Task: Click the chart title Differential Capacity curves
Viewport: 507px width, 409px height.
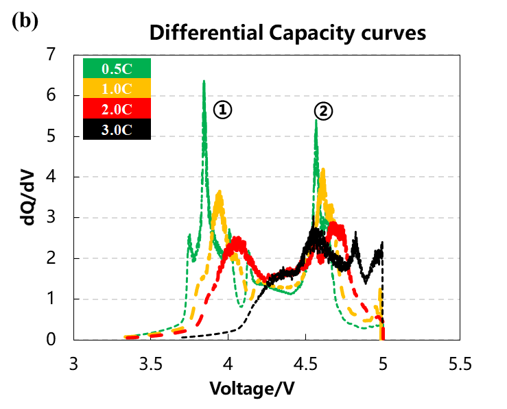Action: [x=288, y=32]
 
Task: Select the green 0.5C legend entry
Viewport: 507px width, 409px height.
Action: [x=116, y=69]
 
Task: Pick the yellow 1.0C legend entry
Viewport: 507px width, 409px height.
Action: [x=116, y=88]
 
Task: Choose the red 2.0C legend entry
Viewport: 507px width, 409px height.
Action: [x=116, y=109]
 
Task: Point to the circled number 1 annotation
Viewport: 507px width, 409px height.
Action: [x=222, y=109]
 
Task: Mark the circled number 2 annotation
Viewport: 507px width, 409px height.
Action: [x=323, y=110]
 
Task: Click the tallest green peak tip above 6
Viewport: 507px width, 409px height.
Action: [x=204, y=82]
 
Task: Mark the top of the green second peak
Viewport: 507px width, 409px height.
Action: [x=316, y=121]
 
